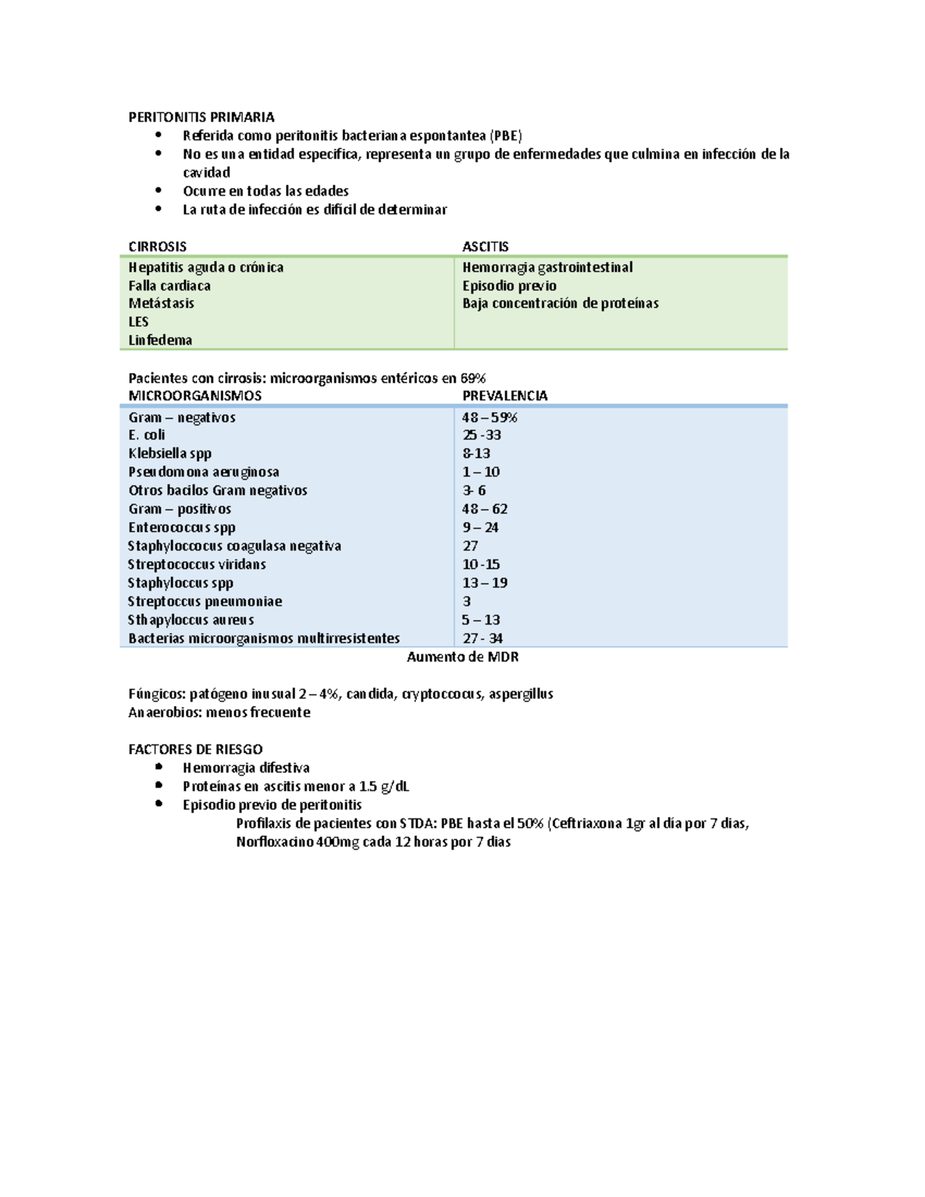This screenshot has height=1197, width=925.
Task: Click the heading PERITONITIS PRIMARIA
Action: click(201, 117)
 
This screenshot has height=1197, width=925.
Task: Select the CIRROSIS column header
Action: click(157, 247)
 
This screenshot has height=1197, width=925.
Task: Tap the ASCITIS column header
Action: click(485, 247)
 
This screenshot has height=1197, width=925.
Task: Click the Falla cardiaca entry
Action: click(170, 285)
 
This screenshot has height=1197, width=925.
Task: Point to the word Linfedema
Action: click(160, 340)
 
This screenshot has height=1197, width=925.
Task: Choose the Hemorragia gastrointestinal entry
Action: click(547, 267)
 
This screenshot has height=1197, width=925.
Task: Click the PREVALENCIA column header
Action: click(505, 395)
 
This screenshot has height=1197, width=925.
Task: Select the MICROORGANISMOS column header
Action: click(195, 395)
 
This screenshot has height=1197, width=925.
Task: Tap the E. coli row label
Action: click(146, 435)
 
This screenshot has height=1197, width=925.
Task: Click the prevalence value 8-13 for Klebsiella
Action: click(476, 453)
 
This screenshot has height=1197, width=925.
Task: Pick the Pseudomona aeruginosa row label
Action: click(203, 472)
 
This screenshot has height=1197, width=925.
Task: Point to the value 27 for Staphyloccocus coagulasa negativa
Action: click(470, 546)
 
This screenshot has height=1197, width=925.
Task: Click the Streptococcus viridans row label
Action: click(197, 564)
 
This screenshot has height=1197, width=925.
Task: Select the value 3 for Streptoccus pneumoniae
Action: click(466, 601)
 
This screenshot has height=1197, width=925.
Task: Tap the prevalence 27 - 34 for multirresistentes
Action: click(483, 638)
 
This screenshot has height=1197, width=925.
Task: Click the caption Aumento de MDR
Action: click(462, 657)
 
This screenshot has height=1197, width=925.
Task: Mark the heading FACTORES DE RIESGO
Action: click(195, 749)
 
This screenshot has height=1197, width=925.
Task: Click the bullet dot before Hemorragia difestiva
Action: click(159, 767)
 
